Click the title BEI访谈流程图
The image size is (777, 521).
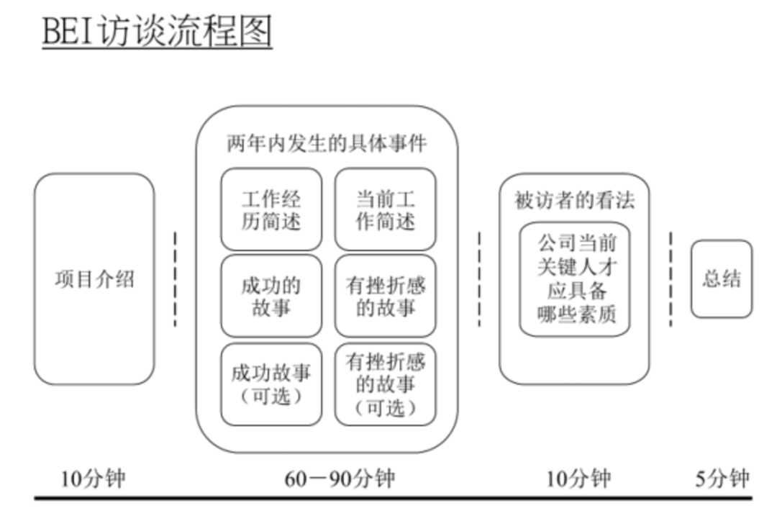click(157, 32)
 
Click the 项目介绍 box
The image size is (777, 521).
click(94, 279)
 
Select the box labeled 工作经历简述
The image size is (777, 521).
click(271, 209)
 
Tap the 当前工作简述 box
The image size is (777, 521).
click(385, 209)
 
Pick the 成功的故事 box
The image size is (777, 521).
click(271, 296)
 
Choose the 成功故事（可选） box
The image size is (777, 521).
click(271, 384)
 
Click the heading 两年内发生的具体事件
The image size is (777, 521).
click(327, 143)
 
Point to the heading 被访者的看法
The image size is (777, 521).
click(574, 200)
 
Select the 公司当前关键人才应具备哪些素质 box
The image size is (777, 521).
click(575, 278)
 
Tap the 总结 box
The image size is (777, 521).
click(721, 278)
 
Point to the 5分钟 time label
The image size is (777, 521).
click(722, 479)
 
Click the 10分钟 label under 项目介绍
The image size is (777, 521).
click(92, 479)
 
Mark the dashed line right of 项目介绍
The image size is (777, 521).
click(175, 279)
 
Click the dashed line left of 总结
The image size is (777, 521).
click(671, 279)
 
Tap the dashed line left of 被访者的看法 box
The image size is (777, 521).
click(479, 279)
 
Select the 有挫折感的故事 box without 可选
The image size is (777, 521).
click(385, 296)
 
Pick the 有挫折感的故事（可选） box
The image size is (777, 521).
click(385, 384)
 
